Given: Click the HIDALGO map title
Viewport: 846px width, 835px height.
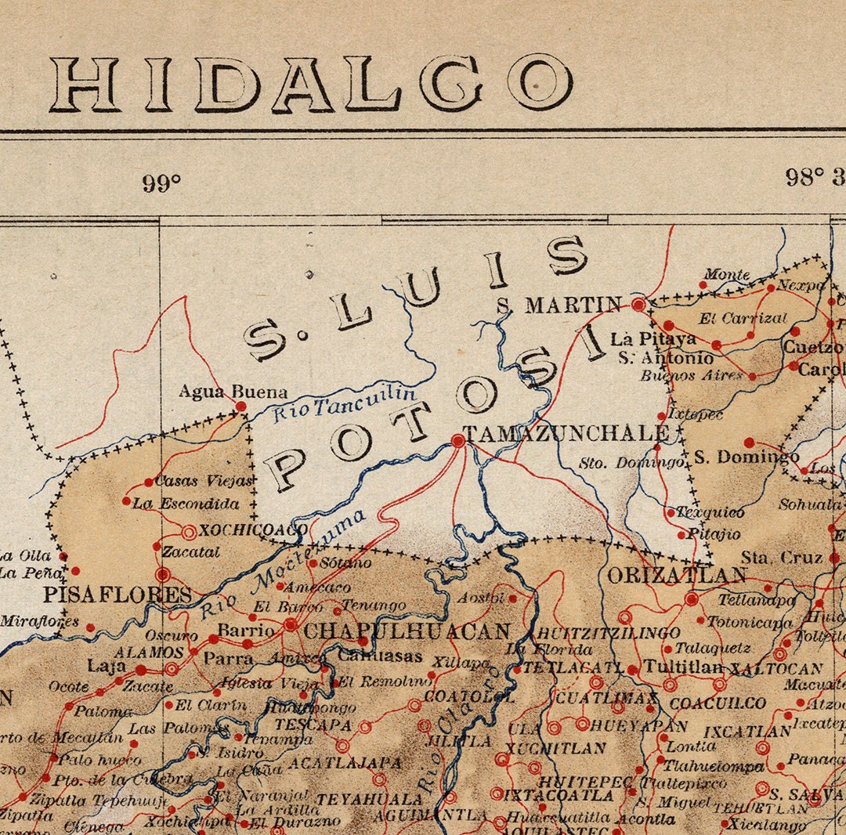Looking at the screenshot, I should (x=311, y=83).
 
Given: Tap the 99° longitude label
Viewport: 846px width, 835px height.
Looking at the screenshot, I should (x=162, y=184).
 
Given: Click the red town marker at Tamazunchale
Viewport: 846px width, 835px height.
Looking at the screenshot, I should (x=458, y=442).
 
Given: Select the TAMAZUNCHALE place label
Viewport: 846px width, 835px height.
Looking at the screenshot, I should (x=566, y=434).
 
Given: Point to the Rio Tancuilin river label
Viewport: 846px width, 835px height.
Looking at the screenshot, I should (x=345, y=403).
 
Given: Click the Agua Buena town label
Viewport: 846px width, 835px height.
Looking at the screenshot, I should (x=233, y=391).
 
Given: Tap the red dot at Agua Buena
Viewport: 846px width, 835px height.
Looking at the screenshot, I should (x=241, y=407).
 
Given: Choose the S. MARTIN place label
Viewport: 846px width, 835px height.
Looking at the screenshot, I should (x=559, y=305).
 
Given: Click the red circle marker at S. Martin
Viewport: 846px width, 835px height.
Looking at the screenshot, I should (x=639, y=304).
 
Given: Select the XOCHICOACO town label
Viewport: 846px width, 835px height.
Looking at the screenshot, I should (x=253, y=530).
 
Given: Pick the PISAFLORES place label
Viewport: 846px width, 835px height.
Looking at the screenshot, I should (x=117, y=595).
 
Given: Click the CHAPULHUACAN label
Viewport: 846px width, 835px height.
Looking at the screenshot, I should (x=407, y=631).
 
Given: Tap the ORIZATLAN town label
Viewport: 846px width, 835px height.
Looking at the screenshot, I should (x=677, y=576).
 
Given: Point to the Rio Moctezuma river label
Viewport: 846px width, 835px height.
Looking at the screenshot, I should (x=284, y=562).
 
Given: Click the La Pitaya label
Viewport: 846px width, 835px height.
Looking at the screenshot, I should (x=653, y=339).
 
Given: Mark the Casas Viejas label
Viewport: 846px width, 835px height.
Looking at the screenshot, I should (x=204, y=481).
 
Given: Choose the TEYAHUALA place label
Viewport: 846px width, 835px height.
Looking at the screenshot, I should (x=369, y=799).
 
